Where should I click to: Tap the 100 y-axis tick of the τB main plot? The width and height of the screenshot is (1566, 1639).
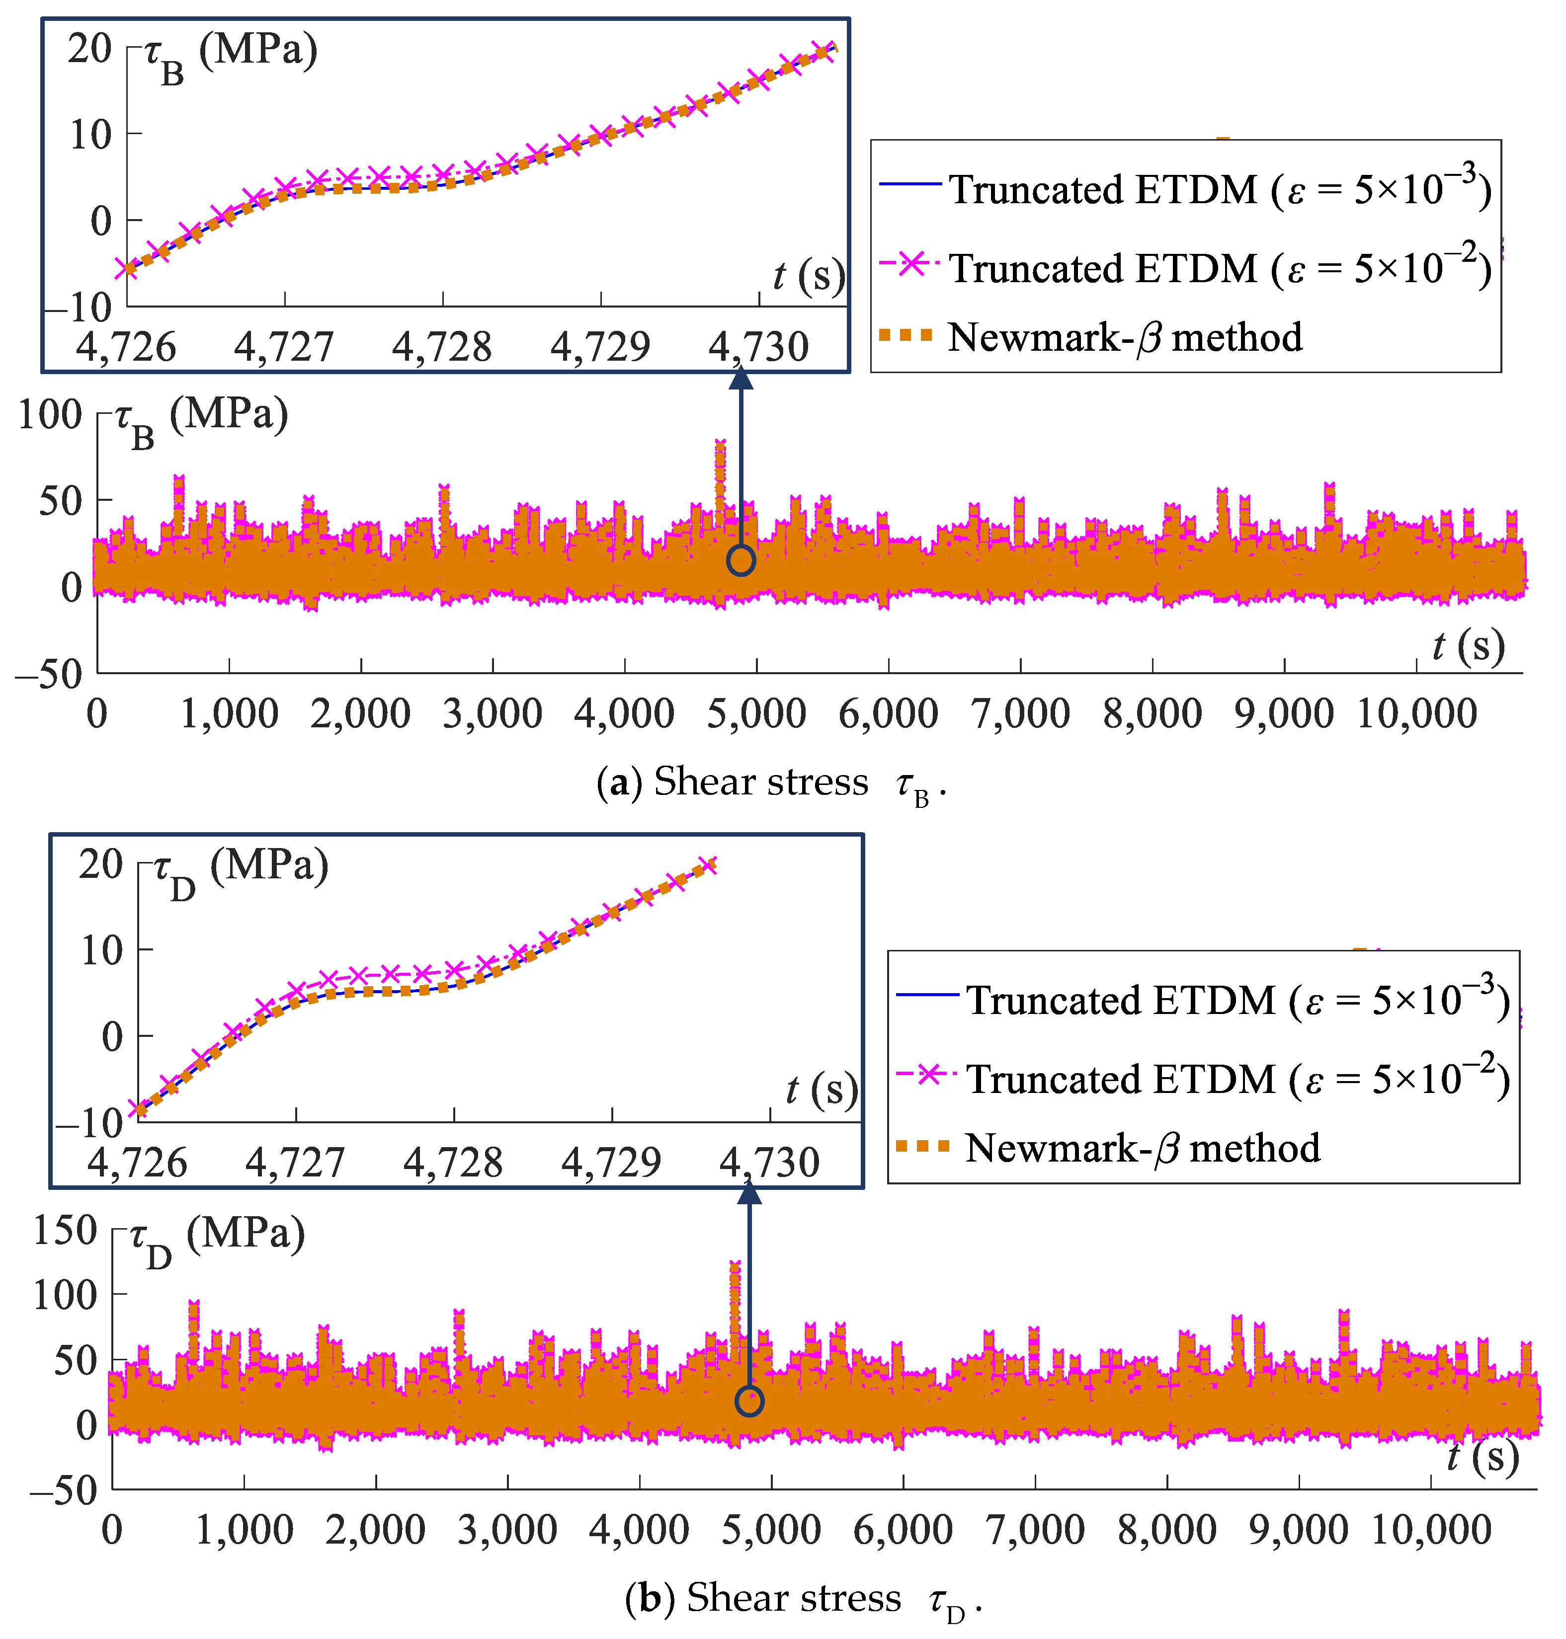(50, 415)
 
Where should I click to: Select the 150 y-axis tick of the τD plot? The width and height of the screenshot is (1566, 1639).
(65, 1230)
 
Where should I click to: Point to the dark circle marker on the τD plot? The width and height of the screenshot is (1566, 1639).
(749, 1402)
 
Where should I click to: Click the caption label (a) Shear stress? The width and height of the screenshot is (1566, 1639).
(772, 783)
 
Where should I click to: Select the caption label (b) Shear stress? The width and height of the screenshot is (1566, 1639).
(803, 1599)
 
